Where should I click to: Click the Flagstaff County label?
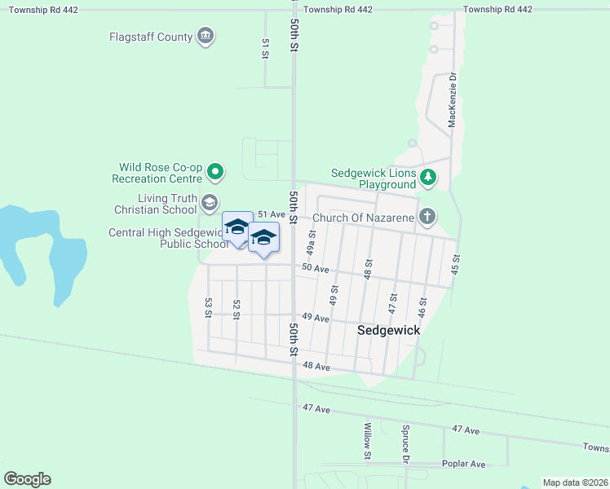pos(151,37)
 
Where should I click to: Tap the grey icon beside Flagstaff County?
pos(206,36)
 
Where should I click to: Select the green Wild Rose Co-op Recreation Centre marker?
pos(214,171)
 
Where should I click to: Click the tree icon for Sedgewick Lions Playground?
pos(428,177)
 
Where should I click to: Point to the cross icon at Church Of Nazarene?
pos(427,217)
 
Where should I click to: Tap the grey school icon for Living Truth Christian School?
pos(210,202)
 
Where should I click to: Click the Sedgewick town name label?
pos(389,330)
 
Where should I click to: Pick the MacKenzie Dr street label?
pos(452,99)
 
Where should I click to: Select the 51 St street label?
pos(265,48)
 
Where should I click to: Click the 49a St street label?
pos(311,241)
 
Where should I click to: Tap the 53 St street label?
pos(209,307)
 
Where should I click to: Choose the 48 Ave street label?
pos(316,368)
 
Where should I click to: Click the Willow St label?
pos(368,440)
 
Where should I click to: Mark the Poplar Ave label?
pos(463,464)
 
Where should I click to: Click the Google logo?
pos(27,479)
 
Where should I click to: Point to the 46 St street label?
pos(422,307)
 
